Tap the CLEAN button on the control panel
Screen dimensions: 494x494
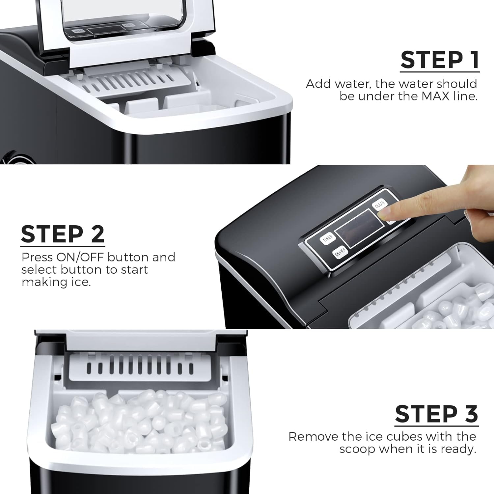click(x=379, y=204)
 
